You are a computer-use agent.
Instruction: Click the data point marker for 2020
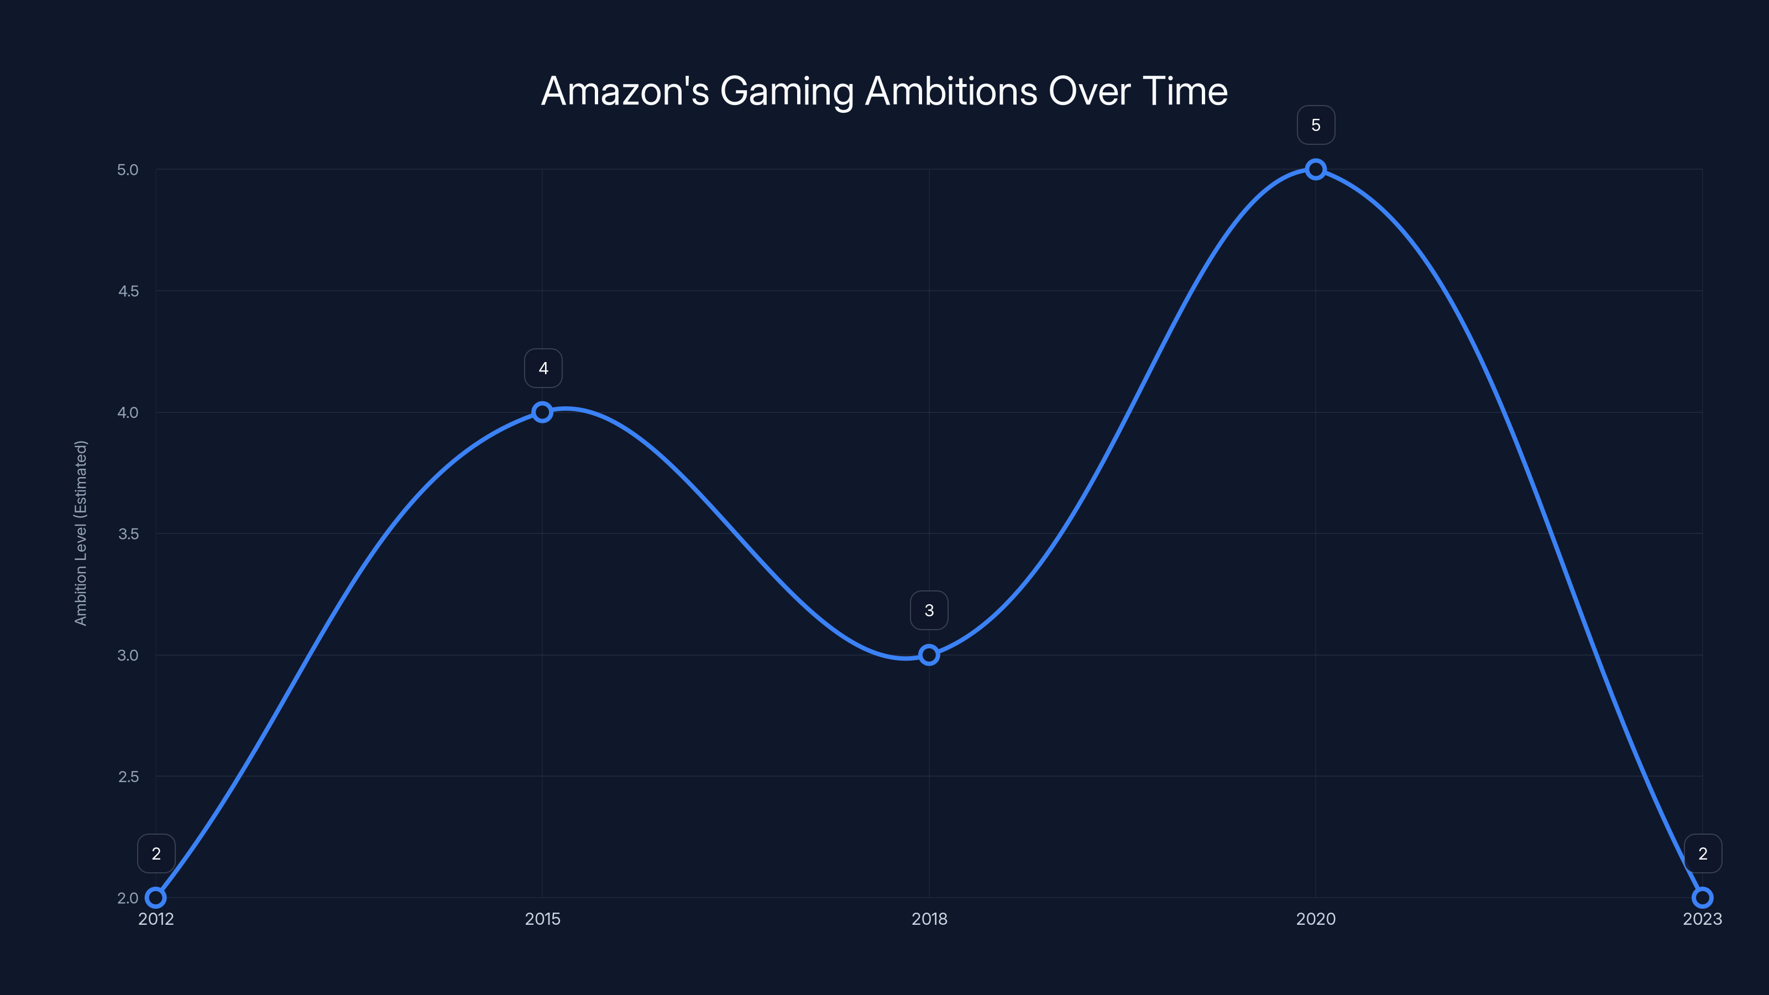[1315, 170]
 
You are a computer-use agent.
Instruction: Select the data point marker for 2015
[542, 412]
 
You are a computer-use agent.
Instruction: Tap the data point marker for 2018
[929, 654]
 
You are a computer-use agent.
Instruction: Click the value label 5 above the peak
[1315, 125]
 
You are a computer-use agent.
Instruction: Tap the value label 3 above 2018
[929, 610]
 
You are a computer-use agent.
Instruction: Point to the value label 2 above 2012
[156, 853]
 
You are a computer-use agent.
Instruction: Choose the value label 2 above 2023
[1703, 853]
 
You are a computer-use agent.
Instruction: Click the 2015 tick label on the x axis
[542, 919]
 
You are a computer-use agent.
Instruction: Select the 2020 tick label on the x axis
[1315, 919]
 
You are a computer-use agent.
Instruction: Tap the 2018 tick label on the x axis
[929, 919]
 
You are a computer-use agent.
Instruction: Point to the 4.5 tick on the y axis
[128, 291]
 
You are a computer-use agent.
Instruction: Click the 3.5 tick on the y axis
[128, 533]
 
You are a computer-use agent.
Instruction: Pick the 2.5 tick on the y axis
[128, 777]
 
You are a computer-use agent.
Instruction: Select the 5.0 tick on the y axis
[128, 170]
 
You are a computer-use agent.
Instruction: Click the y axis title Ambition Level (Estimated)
[80, 533]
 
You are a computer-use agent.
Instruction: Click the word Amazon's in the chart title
[624, 91]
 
